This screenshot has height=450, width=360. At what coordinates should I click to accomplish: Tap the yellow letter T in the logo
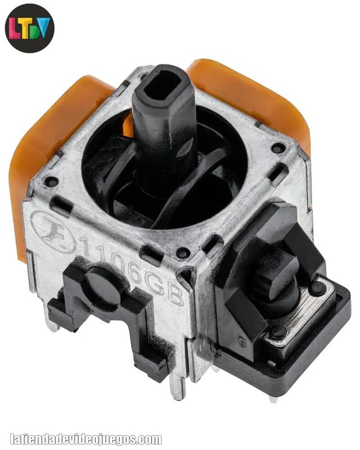pos(24,28)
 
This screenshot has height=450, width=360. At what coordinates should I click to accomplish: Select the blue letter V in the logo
pos(43,28)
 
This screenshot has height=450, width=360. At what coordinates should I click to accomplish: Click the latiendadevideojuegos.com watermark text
pos(86,439)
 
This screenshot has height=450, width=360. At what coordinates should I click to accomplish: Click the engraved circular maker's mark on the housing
pos(53,231)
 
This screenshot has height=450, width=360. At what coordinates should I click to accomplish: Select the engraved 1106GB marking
pos(132,269)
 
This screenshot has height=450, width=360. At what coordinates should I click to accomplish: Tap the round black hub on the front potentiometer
pos(105,283)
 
